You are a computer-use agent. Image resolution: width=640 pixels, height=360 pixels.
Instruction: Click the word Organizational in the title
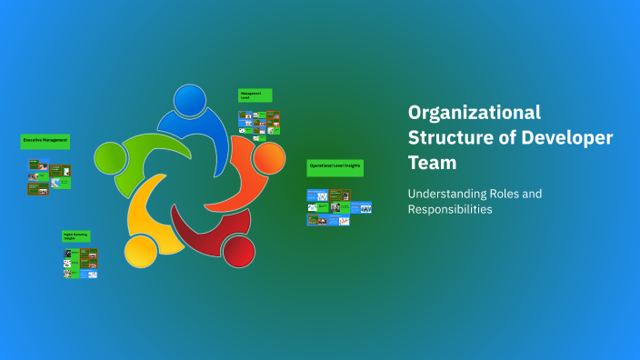(x=474, y=113)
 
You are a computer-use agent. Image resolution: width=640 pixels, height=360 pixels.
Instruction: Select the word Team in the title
(x=432, y=163)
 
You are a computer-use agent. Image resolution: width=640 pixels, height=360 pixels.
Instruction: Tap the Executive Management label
(x=45, y=141)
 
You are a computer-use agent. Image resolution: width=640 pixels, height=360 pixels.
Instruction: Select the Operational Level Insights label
(x=335, y=166)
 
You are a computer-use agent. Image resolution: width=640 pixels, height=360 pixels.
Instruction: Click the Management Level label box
(x=255, y=95)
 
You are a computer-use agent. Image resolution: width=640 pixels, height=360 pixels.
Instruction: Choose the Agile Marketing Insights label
(x=75, y=235)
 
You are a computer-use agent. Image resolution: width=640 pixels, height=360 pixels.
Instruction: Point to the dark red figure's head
(x=238, y=249)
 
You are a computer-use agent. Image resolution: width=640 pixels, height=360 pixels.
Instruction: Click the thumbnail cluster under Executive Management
(x=49, y=177)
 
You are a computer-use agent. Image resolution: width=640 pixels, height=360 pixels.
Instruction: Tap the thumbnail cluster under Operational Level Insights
(x=339, y=206)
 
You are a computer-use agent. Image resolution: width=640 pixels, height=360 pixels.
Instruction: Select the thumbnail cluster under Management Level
(x=259, y=124)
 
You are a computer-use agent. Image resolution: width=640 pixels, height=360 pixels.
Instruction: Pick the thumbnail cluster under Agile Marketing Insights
(x=80, y=263)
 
